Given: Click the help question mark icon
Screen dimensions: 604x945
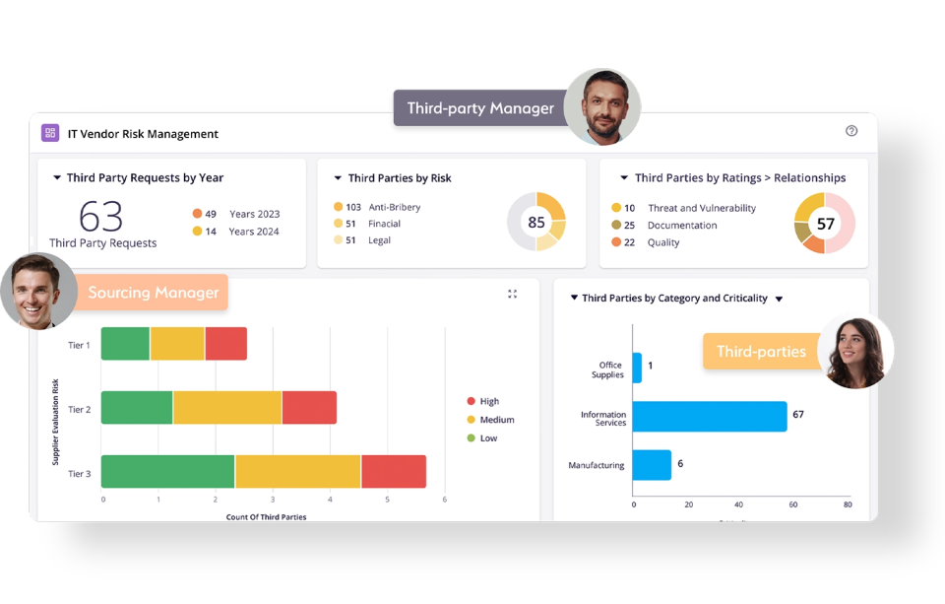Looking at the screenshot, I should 851,131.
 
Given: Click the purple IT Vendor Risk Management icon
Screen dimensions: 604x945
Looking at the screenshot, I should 50,133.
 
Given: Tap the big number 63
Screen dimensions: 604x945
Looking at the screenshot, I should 101,216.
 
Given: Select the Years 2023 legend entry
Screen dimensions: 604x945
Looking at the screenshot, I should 254,214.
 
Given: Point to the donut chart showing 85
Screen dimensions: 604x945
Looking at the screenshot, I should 536,222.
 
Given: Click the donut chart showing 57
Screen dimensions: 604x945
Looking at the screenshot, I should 825,224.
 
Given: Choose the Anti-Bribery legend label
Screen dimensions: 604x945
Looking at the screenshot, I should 394,208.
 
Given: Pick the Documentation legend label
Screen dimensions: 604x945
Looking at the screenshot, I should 681,226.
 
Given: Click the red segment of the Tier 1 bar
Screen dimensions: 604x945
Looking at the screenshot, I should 225,344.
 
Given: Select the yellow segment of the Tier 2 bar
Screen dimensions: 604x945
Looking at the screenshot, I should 227,408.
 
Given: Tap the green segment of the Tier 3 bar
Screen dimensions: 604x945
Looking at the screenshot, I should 168,472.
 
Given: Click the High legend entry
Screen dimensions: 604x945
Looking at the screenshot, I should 489,402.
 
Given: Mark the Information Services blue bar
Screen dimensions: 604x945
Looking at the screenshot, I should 709,416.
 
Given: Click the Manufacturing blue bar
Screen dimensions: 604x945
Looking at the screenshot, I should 652,465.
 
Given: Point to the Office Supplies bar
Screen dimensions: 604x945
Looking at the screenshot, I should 637,368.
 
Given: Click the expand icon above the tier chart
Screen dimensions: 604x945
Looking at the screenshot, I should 512,294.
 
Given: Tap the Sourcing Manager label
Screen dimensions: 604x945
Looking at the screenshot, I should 153,293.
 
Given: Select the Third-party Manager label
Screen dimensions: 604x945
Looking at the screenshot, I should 480,108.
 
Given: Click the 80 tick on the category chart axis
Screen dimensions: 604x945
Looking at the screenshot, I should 848,504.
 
